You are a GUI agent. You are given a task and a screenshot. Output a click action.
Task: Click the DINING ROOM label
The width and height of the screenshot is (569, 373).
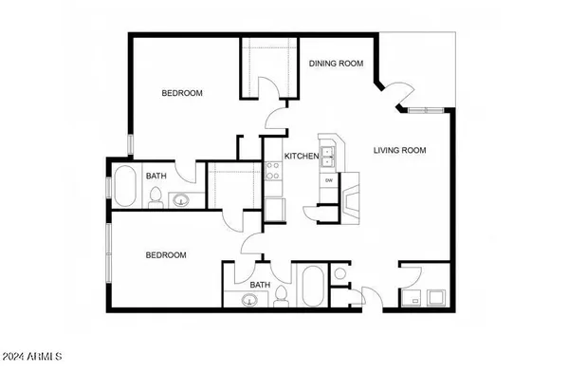click(337, 64)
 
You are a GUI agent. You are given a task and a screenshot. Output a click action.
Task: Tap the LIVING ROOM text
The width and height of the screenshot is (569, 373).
click(399, 150)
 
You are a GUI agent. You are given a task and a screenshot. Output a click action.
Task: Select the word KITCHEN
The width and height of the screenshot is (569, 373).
click(303, 156)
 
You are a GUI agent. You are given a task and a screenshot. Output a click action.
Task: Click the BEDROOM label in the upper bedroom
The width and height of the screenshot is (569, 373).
click(181, 93)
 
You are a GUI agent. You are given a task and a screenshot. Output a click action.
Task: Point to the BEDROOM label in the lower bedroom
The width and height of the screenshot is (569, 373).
click(165, 255)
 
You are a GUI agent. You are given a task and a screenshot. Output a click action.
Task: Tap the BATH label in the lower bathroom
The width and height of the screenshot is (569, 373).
click(259, 285)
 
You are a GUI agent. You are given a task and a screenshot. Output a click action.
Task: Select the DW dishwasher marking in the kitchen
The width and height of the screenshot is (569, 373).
click(329, 180)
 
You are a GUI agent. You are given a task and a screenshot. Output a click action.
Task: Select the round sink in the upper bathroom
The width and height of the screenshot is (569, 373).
click(180, 200)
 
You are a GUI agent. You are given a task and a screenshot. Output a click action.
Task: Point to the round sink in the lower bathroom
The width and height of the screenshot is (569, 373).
click(249, 301)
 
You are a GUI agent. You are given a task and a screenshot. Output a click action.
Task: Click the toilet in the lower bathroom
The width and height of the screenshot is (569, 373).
click(281, 296)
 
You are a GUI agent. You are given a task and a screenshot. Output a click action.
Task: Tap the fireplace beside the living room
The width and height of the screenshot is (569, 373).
click(353, 200)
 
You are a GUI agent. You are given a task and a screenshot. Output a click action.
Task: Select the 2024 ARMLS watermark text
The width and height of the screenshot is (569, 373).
click(31, 358)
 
